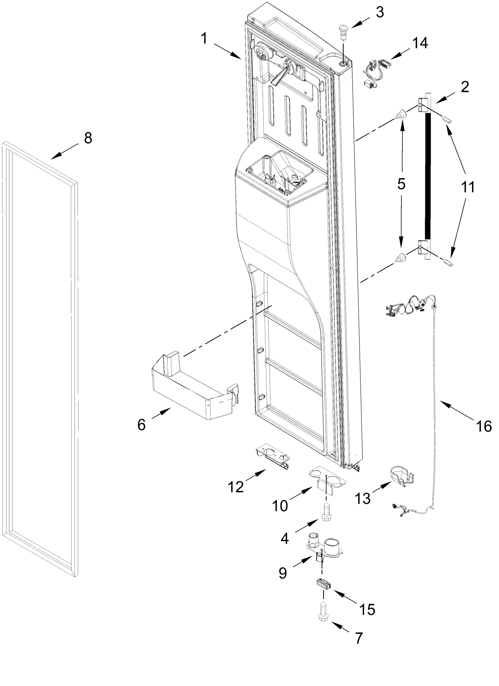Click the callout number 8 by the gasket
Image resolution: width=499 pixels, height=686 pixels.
tap(88, 139)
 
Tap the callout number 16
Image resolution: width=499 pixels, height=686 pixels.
tap(483, 426)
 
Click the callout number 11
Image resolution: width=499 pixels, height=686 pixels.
tap(468, 187)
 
